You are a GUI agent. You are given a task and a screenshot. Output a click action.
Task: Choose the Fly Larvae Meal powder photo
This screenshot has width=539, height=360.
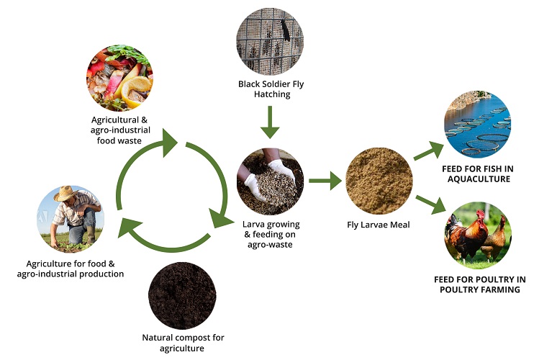coord(379,181)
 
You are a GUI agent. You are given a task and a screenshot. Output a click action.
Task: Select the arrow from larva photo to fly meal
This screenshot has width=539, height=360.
coord(325,181)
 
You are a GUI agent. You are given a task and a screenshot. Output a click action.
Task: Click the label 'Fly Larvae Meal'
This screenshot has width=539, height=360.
coord(379,225)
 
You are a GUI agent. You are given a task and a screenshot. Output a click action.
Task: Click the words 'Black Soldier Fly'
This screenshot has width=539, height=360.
coord(271,84)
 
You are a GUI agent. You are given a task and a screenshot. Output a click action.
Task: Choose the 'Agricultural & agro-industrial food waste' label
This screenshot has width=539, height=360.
coord(121,130)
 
